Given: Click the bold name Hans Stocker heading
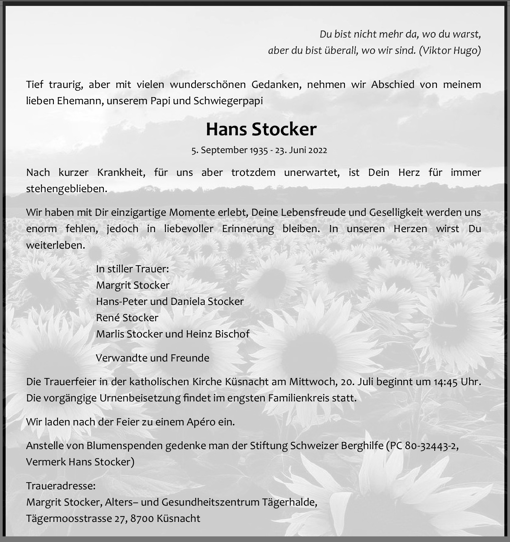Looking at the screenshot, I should tap(261, 129).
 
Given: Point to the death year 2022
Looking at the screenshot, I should tap(318, 150).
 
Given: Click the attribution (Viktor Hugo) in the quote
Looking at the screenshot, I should tap(450, 51).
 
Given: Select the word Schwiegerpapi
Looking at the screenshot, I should tap(228, 101).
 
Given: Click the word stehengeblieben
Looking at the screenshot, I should tap(67, 189).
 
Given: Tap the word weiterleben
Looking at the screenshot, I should tap(55, 245).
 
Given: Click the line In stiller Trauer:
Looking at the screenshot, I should tap(132, 269).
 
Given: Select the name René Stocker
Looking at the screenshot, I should tap(127, 318).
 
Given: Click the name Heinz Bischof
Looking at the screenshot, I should tap(218, 334).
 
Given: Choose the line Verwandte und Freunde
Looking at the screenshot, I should tap(152, 358).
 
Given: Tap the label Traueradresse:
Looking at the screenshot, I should tap(61, 486).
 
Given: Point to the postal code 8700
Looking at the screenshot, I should tap(142, 518).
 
